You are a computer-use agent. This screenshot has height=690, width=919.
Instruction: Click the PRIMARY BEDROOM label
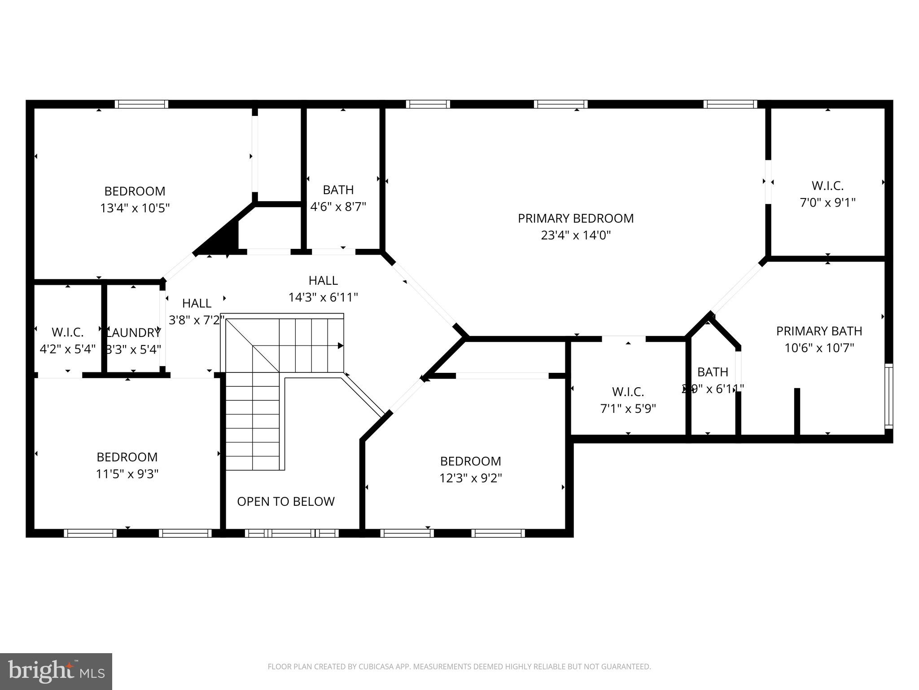click(576, 218)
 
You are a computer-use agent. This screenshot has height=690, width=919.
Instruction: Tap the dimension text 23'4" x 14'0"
click(576, 235)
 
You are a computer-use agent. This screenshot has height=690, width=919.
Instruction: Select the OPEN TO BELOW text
click(286, 501)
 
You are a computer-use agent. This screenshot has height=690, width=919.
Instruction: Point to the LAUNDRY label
click(133, 333)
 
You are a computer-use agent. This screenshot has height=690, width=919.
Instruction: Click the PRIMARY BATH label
click(819, 331)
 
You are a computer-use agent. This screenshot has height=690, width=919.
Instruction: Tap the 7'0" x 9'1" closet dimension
click(827, 203)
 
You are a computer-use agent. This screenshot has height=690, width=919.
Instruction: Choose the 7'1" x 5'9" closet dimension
click(628, 409)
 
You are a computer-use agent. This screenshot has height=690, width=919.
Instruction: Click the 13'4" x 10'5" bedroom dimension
click(135, 208)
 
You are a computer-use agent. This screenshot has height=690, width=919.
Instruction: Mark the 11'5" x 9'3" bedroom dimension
click(127, 474)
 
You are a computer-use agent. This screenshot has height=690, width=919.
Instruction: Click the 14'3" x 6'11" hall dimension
click(323, 297)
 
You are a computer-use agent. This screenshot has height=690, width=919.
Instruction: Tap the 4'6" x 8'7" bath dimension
click(338, 207)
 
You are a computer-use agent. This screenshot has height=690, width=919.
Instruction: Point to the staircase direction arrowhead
click(341, 345)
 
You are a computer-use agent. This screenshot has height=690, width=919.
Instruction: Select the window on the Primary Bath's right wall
click(888, 395)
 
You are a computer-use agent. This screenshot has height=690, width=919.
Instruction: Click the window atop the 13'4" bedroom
click(141, 104)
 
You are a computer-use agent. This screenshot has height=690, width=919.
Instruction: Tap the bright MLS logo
click(56, 671)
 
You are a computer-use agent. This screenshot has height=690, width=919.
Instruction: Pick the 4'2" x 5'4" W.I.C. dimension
click(68, 349)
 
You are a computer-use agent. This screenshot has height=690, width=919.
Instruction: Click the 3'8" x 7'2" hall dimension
click(196, 320)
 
